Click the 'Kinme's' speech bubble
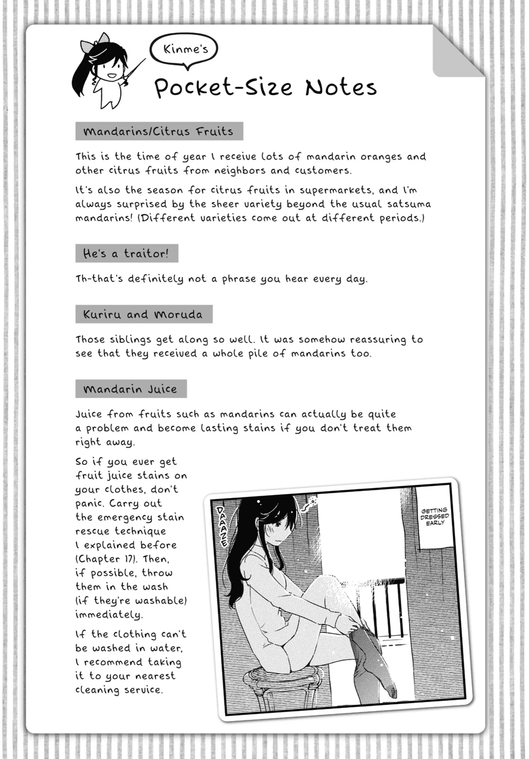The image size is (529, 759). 184,49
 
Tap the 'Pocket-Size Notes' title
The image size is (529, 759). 266,87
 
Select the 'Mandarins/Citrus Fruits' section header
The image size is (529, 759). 159,131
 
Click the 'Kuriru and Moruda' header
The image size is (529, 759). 144,314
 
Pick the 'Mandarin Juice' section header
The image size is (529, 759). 131,389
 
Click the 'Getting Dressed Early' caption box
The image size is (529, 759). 435,516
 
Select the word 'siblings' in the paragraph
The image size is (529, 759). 132,339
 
